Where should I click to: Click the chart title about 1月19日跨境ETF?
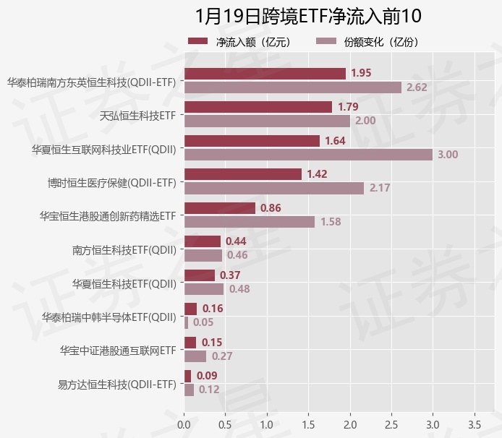point(308,16)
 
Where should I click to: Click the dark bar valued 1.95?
point(265,73)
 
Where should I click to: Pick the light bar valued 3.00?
point(308,154)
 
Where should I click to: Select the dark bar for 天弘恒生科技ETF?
point(258,107)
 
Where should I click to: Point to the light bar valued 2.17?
point(274,188)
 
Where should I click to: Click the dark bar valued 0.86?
point(220,208)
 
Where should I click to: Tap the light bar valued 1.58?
point(250,221)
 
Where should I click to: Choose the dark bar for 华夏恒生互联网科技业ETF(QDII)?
point(252,141)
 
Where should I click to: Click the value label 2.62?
point(417,87)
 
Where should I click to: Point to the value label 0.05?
point(203,322)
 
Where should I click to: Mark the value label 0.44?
point(236,241)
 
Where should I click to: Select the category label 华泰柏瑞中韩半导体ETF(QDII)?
point(109,317)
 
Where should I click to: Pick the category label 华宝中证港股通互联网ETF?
point(118,350)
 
